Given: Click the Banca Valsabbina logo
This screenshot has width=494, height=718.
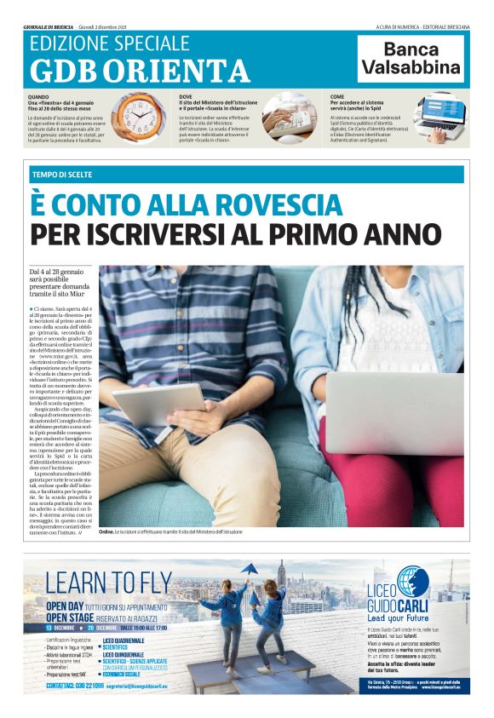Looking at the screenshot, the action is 411,59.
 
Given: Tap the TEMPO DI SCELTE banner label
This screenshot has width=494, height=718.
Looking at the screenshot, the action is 66,174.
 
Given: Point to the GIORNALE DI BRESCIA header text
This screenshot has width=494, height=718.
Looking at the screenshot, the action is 49,26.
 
